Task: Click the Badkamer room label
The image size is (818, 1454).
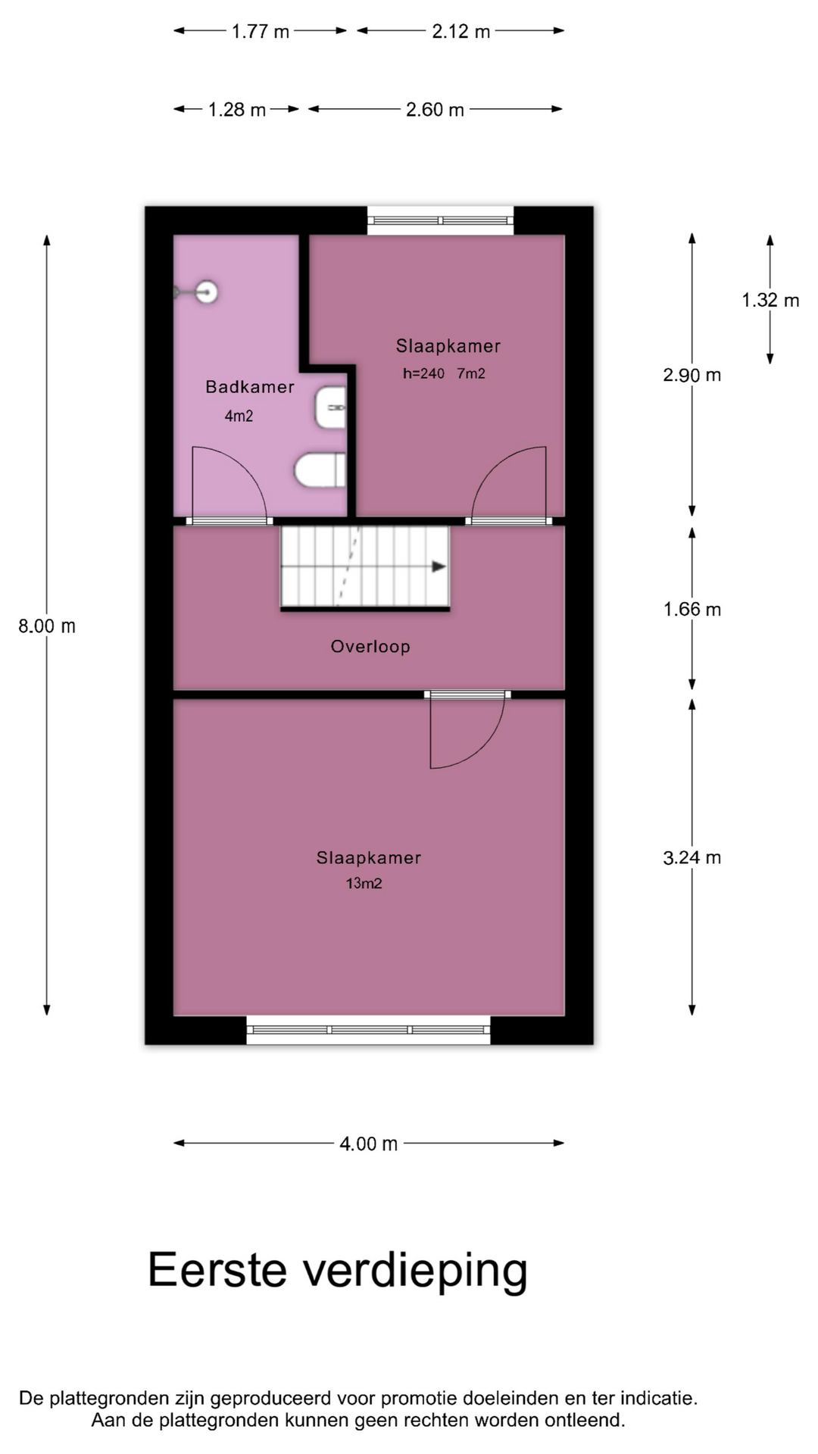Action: coord(250,387)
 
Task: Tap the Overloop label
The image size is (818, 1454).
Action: coord(370,647)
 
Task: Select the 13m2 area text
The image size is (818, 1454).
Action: coord(364,883)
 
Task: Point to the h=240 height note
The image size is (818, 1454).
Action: coord(423,373)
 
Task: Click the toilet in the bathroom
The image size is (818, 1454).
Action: coord(320,470)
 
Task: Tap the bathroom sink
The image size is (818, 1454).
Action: coord(330,407)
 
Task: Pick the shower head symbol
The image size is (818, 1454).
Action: coord(198,291)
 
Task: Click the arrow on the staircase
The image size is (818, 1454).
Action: coord(439,566)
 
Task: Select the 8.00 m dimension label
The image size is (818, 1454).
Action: coord(47,626)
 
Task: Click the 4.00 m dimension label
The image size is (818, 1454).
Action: coord(369,1144)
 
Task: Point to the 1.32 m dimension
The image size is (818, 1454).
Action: coord(770,300)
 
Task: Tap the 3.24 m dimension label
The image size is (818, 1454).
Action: coord(692,857)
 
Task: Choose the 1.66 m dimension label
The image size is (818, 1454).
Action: coord(692,609)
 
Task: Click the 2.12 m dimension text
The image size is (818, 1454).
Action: coord(461,31)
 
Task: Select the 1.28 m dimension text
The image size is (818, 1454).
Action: coord(237,110)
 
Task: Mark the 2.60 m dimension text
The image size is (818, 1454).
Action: coord(435,110)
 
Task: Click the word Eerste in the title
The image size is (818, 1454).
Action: coord(217,1269)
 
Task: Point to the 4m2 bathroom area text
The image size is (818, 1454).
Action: coord(239,416)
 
